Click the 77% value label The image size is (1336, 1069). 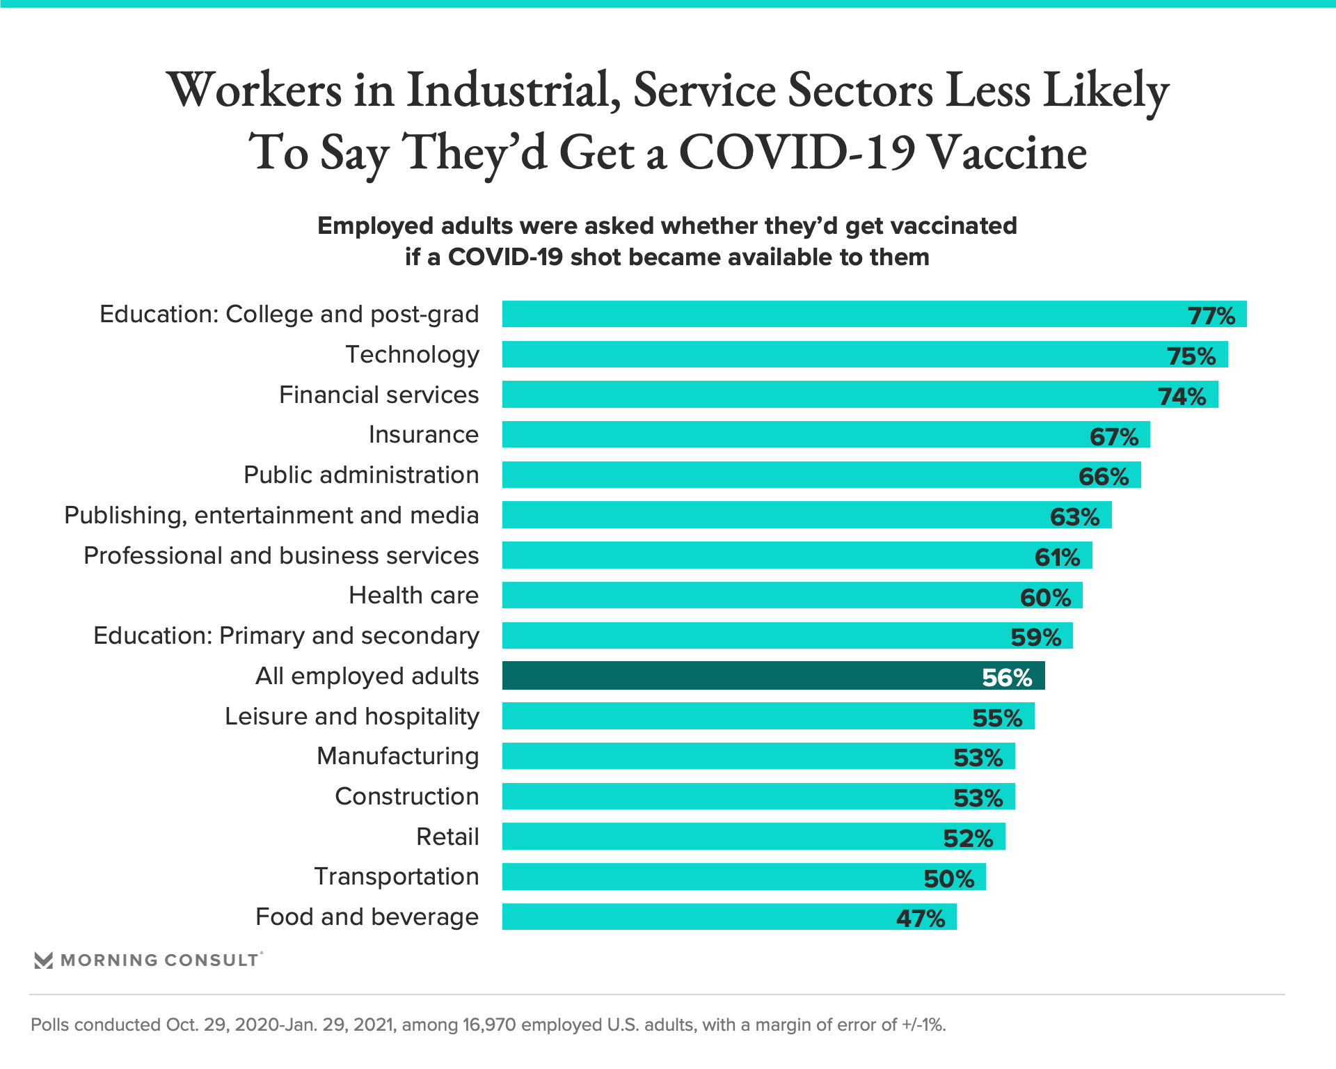1211,315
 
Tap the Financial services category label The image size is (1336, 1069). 379,395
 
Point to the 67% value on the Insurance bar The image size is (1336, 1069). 1114,436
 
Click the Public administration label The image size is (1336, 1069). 361,475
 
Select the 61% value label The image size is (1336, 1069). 1058,557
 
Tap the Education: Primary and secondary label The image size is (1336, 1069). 286,635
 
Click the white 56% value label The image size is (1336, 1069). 1007,677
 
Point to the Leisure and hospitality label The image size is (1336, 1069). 351,716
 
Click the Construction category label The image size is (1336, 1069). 406,796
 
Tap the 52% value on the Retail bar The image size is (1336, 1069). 968,838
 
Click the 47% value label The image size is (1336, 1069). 921,919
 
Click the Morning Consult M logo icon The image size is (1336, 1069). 44,960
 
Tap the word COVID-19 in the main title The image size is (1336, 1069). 796,152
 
